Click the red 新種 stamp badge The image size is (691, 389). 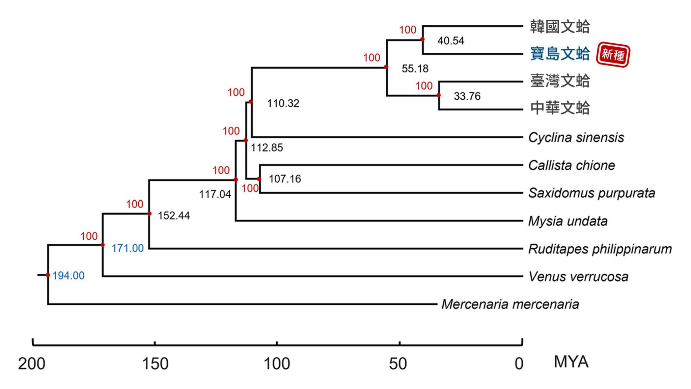[613, 54]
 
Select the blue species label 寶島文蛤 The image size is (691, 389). [560, 54]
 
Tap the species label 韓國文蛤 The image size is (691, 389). [560, 27]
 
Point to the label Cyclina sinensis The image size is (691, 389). [576, 138]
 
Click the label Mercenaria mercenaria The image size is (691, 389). [510, 304]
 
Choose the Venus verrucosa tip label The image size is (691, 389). [578, 276]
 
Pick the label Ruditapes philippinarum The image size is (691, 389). [600, 249]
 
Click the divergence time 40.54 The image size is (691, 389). [451, 41]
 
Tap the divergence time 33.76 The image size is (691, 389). [467, 96]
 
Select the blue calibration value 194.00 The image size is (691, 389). [68, 275]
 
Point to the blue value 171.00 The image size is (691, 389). [128, 248]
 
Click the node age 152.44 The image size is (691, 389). [174, 216]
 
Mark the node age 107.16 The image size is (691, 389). [285, 179]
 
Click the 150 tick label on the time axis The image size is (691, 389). [155, 364]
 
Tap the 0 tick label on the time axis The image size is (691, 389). [519, 364]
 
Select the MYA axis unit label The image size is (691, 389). [571, 362]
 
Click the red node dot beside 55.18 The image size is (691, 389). [386, 67]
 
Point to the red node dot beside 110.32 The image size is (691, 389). [251, 101]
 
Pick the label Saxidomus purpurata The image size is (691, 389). [591, 193]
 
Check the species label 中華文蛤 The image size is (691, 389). [560, 108]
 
